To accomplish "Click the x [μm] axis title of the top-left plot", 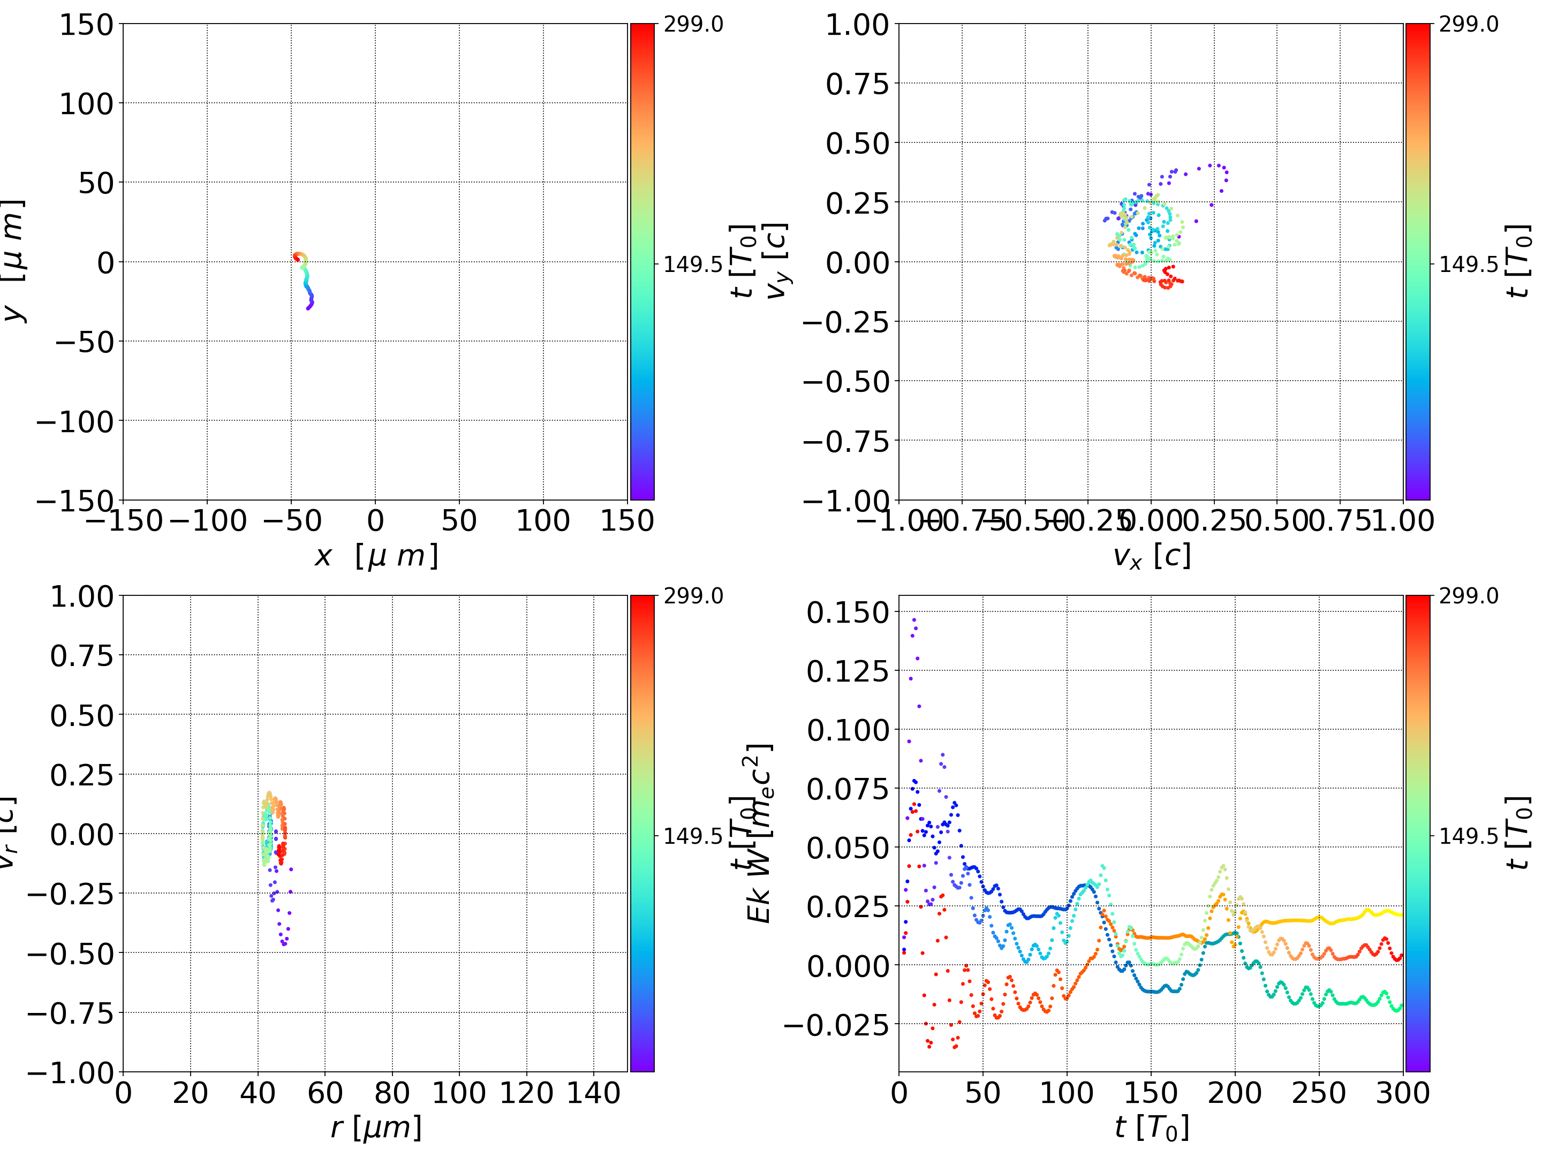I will [376, 556].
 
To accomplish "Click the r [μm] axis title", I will [376, 1128].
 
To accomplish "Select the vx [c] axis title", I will [1152, 556].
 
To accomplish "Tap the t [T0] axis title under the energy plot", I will [1152, 1128].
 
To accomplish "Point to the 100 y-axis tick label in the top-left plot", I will [86, 104].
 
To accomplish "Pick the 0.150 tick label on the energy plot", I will [838, 613].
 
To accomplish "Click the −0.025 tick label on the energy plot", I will [836, 1025].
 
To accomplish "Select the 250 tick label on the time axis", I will [1319, 1093].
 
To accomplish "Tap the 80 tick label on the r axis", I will [392, 1093].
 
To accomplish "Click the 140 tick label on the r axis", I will [593, 1093].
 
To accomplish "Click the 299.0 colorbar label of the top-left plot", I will [693, 25].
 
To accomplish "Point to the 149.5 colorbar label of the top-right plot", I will [1468, 264].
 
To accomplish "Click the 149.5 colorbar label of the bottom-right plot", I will [1468, 835].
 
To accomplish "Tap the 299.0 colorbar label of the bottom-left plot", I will [693, 596].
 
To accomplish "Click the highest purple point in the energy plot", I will [914, 619].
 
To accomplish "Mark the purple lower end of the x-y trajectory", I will [308, 307].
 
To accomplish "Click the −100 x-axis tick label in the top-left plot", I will [208, 521].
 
